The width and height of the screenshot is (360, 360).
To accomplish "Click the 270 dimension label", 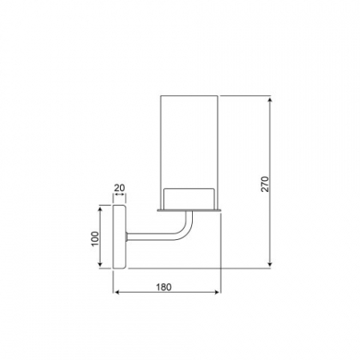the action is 266,184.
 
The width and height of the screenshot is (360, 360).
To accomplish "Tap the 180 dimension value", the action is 164,287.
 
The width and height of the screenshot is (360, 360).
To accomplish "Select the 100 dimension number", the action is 95,239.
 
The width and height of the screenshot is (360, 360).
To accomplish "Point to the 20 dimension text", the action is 119,188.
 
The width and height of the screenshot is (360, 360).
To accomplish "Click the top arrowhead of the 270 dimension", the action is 270,100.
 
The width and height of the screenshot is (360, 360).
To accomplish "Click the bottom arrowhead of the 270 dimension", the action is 270,264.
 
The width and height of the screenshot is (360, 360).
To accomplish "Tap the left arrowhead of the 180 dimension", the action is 116,292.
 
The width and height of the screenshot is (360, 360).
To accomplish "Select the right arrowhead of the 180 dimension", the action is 218,292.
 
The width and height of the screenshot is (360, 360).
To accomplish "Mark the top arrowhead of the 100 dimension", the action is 100,209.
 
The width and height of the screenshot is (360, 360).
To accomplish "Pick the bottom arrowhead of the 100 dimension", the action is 100,264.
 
